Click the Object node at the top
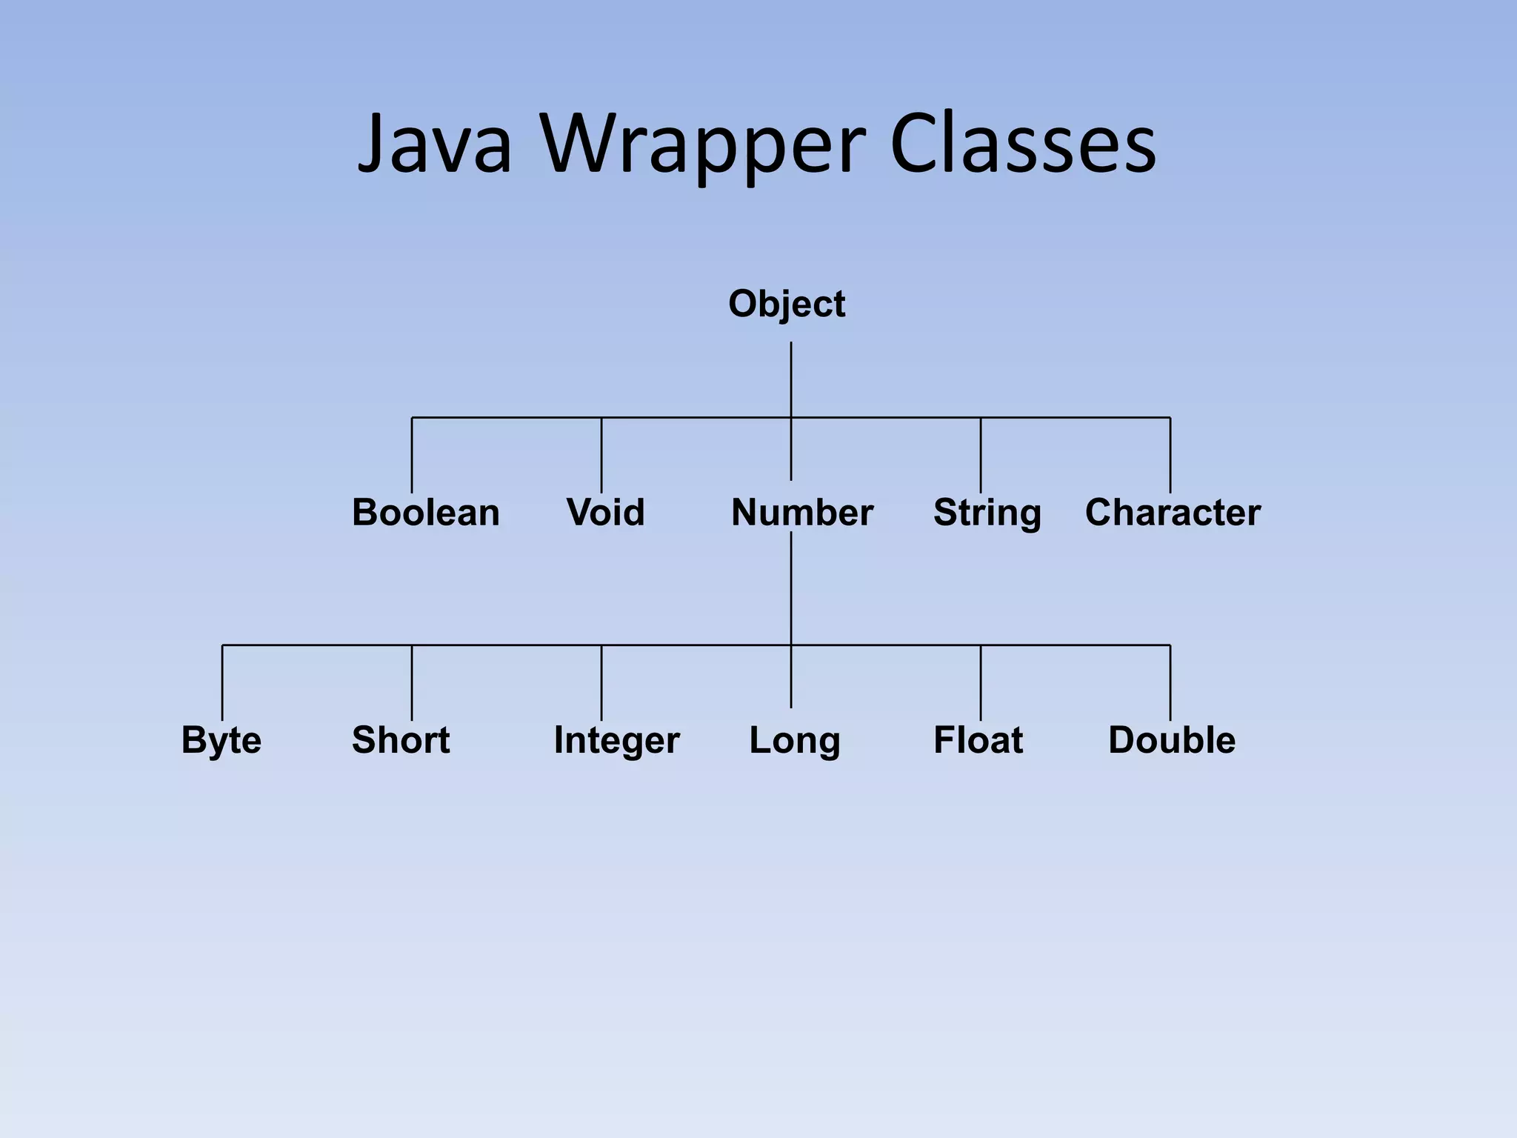click(787, 305)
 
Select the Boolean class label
click(426, 513)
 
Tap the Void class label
click(606, 513)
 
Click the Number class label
click(802, 513)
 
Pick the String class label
click(987, 513)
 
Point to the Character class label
click(1173, 513)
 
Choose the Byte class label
click(221, 740)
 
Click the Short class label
click(401, 740)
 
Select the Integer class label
click(616, 740)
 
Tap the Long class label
click(795, 740)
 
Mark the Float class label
click(978, 740)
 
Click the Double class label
click(1172, 740)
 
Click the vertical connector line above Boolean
click(412, 456)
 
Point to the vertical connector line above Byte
click(222, 682)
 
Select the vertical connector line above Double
click(1170, 682)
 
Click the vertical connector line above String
click(981, 456)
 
